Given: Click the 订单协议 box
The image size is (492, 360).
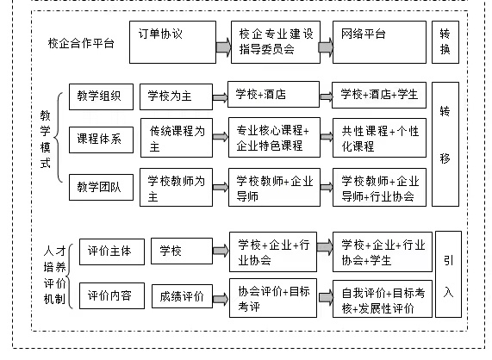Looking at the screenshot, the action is tap(172, 42).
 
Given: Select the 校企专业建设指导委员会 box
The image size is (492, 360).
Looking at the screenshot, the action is tap(276, 42).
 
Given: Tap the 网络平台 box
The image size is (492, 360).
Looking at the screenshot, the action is tap(379, 42).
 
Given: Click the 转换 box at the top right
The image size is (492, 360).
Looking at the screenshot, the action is tap(445, 42).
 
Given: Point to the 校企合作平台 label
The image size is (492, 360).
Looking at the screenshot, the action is tap(81, 43).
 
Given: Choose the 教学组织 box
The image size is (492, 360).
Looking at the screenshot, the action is tap(101, 97).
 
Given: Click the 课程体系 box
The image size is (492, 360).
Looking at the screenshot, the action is tap(101, 140).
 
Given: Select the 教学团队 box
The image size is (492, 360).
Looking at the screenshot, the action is tap(101, 187).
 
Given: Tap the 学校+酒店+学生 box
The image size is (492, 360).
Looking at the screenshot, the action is tap(379, 96).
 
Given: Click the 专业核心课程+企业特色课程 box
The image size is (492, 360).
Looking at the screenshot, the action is tap(274, 137).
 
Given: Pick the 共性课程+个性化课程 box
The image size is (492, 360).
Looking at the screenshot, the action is tap(379, 138).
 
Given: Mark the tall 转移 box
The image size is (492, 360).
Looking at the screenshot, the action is tap(445, 144).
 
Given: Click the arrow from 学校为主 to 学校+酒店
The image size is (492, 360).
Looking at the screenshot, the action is tap(221, 97).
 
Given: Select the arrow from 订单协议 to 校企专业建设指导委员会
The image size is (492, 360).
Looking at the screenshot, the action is tap(223, 47).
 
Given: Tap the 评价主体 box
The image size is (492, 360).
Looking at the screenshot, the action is tap(112, 251).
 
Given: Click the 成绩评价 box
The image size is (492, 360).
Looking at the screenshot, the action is tap(182, 296).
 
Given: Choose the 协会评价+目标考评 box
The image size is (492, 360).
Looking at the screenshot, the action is tap(273, 298).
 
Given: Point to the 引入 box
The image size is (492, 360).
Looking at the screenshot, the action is tap(449, 275).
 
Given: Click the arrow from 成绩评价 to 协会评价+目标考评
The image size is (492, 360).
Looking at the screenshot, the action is tap(221, 299).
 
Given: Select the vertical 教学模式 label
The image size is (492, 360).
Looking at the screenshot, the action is tap(46, 140).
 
